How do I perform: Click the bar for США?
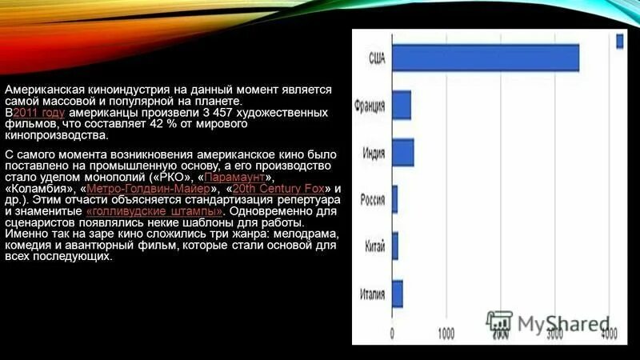click(x=485, y=58)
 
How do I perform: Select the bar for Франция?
click(x=401, y=106)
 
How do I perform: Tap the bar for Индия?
click(x=402, y=152)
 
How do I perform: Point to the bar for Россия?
click(x=394, y=198)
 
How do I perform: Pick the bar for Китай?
click(x=394, y=246)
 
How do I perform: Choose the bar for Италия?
click(x=397, y=294)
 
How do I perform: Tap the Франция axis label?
click(x=370, y=106)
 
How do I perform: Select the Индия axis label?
click(x=373, y=152)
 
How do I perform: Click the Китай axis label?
click(x=374, y=246)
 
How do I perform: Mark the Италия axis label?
click(x=371, y=294)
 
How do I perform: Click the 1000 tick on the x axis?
click(x=446, y=333)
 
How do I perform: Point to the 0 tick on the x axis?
click(x=391, y=333)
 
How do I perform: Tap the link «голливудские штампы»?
click(x=154, y=210)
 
